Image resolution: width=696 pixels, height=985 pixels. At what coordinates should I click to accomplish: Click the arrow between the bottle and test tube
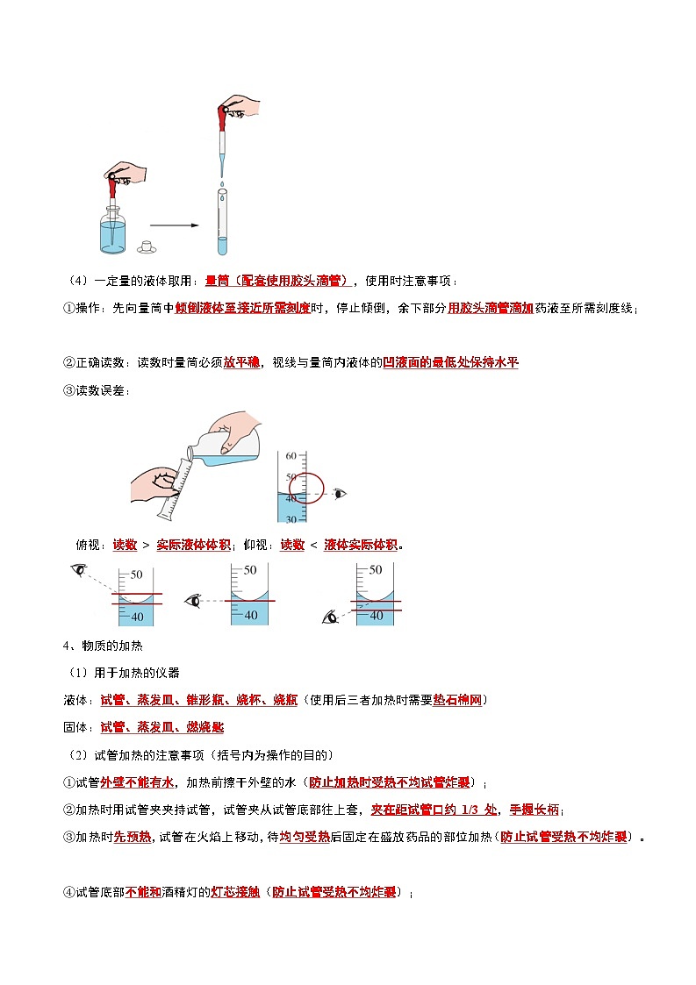click(x=174, y=225)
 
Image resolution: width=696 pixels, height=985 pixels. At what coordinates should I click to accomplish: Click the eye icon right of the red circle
click(x=340, y=494)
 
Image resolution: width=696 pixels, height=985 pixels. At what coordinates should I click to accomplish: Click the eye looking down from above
click(x=81, y=570)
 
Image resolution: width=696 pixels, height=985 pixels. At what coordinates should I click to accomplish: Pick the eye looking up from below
click(x=331, y=617)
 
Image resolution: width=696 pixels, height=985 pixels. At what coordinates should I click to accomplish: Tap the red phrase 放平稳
click(x=241, y=362)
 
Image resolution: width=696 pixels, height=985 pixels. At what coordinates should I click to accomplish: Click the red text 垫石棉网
click(x=457, y=700)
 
